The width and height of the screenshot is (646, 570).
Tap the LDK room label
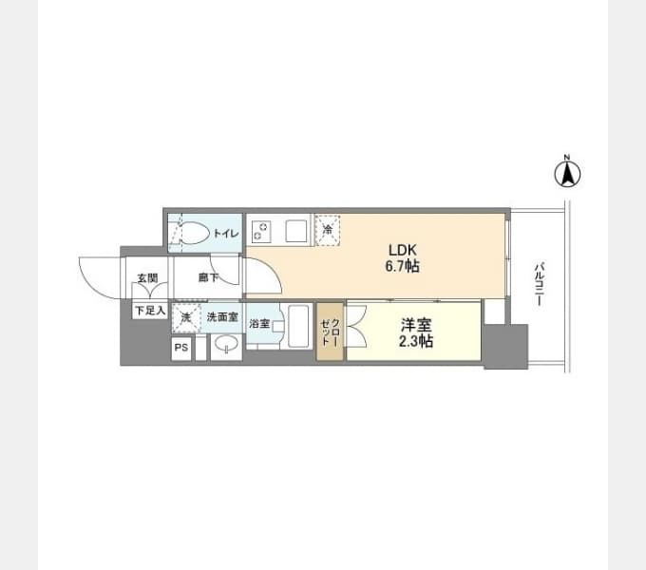point(403,250)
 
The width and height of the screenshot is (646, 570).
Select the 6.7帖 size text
point(402,266)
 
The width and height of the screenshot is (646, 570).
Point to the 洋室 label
point(416,325)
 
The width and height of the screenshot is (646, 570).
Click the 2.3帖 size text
point(416,341)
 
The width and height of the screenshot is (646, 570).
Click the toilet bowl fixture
point(196,233)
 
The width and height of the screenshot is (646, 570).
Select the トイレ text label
point(226,233)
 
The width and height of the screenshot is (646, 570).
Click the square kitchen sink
point(296,232)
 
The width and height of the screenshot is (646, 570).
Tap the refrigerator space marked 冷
point(328,230)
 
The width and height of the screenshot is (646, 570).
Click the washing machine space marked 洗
point(186,318)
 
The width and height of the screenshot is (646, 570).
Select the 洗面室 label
point(222,317)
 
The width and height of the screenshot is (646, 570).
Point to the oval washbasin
point(226,343)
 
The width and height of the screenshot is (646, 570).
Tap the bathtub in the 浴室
point(298,326)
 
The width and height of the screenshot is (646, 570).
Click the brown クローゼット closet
point(330,332)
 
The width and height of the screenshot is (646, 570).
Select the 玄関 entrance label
point(147,278)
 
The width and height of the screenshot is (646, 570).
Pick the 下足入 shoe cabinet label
point(150,310)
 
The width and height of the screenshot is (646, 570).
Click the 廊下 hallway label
point(208,277)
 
